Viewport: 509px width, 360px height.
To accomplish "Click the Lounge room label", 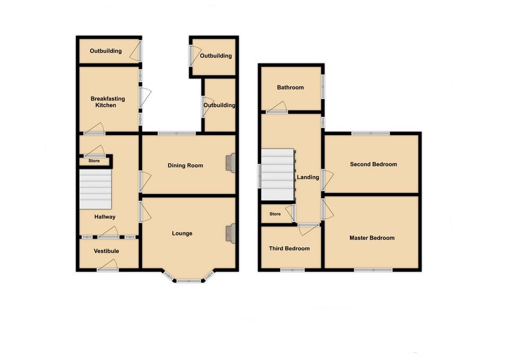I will [182, 233].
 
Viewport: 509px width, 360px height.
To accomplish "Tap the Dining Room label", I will [186, 165].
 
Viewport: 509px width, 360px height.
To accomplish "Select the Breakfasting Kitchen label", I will [103, 102].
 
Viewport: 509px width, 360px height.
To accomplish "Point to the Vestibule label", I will [107, 251].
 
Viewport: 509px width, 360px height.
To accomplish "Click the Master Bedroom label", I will [372, 238].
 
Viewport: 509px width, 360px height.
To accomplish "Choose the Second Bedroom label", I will [373, 164].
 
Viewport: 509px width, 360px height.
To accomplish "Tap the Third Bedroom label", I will [289, 248].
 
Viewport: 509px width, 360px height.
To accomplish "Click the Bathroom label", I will [290, 87].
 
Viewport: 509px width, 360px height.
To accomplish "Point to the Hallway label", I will [105, 217].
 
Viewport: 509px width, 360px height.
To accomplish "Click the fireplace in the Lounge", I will [231, 233].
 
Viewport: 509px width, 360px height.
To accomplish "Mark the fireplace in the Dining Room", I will [231, 163].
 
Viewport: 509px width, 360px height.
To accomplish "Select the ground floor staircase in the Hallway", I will [95, 189].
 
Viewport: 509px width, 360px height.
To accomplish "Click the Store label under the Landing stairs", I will [275, 214].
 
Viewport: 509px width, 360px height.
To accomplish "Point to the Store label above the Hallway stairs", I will [94, 161].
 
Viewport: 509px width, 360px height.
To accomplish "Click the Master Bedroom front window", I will [373, 270].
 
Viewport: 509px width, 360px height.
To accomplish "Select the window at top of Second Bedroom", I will [370, 133].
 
